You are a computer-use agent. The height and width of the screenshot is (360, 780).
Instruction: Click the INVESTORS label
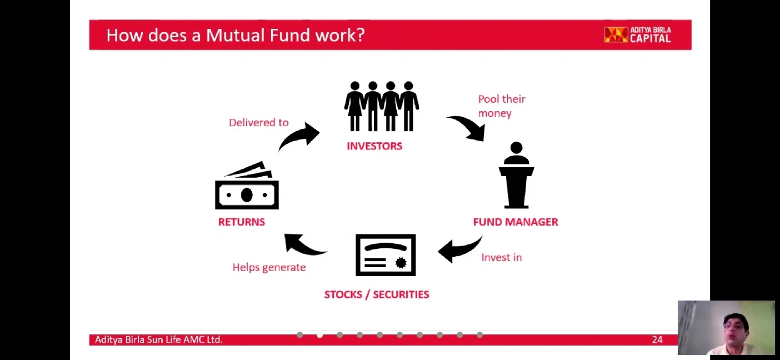(x=374, y=146)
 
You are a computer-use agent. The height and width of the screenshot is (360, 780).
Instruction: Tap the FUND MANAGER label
(x=516, y=222)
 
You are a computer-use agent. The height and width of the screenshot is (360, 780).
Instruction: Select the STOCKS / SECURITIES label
(x=377, y=294)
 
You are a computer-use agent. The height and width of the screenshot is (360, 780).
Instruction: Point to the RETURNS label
(x=242, y=222)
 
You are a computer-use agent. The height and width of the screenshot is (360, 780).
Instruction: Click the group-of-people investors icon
(x=382, y=106)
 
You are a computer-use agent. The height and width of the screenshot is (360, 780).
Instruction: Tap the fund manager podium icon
(x=517, y=175)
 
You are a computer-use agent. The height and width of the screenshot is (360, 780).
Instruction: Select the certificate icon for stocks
(x=386, y=255)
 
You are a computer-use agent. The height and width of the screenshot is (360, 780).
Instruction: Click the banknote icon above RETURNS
(x=247, y=186)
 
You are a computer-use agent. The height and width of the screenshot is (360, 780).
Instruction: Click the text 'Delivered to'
(x=259, y=123)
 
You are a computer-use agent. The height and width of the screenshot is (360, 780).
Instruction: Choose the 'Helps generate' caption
(x=269, y=267)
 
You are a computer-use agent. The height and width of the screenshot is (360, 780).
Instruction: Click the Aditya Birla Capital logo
(x=638, y=35)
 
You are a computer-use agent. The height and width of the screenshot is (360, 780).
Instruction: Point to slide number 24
(x=657, y=340)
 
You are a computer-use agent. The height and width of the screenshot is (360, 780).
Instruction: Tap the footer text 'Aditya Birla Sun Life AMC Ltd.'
(x=158, y=339)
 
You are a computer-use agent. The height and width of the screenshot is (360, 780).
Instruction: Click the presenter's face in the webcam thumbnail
(x=735, y=329)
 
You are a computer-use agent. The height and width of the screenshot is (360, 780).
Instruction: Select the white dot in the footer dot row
(x=319, y=335)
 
